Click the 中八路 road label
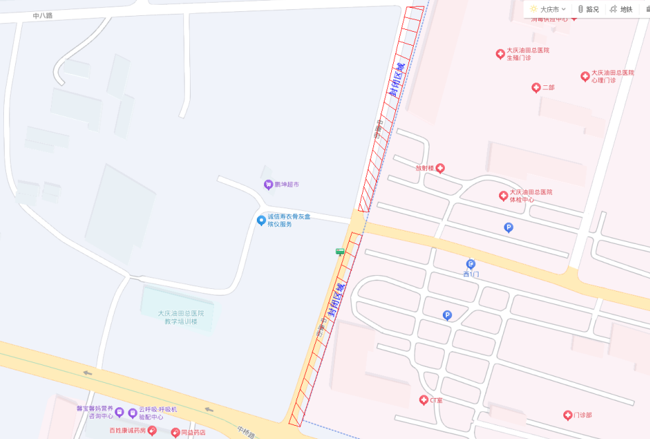(43, 14)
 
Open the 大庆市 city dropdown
(548, 9)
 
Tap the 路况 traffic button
(588, 9)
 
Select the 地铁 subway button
(621, 9)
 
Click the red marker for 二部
(536, 87)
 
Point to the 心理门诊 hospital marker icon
(585, 77)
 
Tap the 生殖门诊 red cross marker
(500, 54)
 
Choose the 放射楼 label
(424, 168)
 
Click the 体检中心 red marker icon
(503, 196)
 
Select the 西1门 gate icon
(471, 264)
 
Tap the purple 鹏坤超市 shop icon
(268, 184)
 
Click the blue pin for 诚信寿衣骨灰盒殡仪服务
(261, 220)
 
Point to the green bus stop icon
(340, 251)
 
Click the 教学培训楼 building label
(181, 317)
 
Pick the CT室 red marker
(423, 400)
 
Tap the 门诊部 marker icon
(567, 415)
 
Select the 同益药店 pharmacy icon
(175, 432)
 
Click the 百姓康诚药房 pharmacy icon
(152, 430)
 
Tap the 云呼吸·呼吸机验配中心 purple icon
(133, 413)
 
